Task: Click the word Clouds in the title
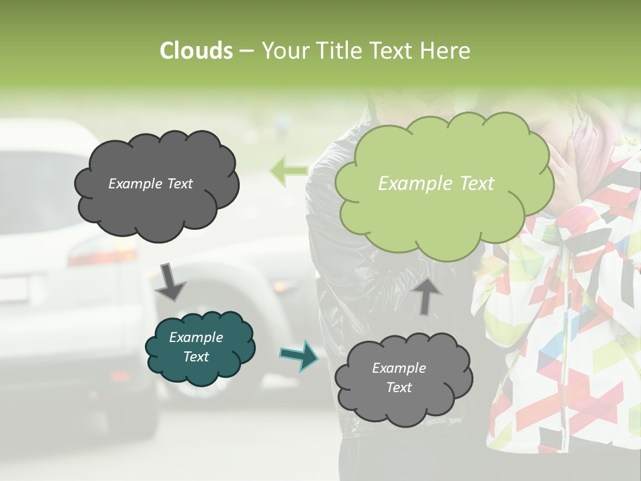point(196,51)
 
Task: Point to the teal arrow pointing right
point(298,355)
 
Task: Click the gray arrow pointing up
point(427,295)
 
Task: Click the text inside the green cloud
point(436,184)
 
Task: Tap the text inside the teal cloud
point(196,347)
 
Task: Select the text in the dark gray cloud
point(150,184)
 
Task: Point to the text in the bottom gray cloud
point(399,377)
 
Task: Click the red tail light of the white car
point(100,257)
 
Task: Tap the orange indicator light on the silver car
point(280,285)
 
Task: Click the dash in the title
point(246,51)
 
